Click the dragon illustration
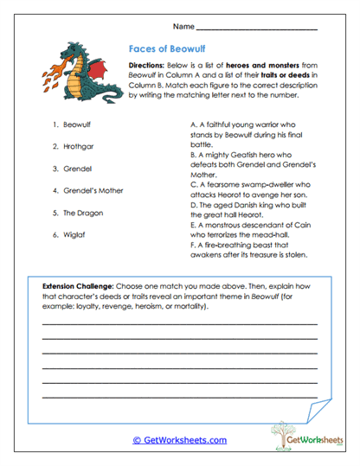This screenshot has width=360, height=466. point(84,72)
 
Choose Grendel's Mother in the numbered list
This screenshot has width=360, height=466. point(87,190)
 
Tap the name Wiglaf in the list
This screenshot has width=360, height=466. point(70,234)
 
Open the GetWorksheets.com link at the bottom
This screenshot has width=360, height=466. point(179,439)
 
